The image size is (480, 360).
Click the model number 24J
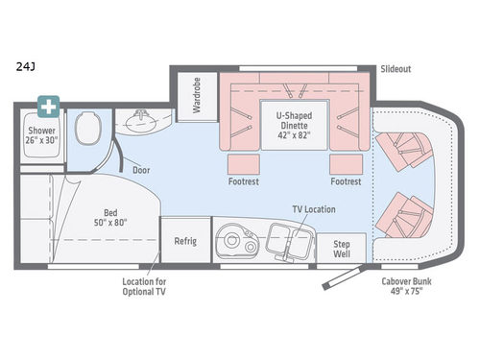click(25, 68)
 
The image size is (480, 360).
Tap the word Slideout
click(395, 68)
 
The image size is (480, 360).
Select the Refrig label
click(184, 241)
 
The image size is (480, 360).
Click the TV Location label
click(313, 209)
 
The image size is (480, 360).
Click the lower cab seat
click(402, 216)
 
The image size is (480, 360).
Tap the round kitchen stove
click(236, 243)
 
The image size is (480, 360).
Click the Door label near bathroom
click(141, 170)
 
